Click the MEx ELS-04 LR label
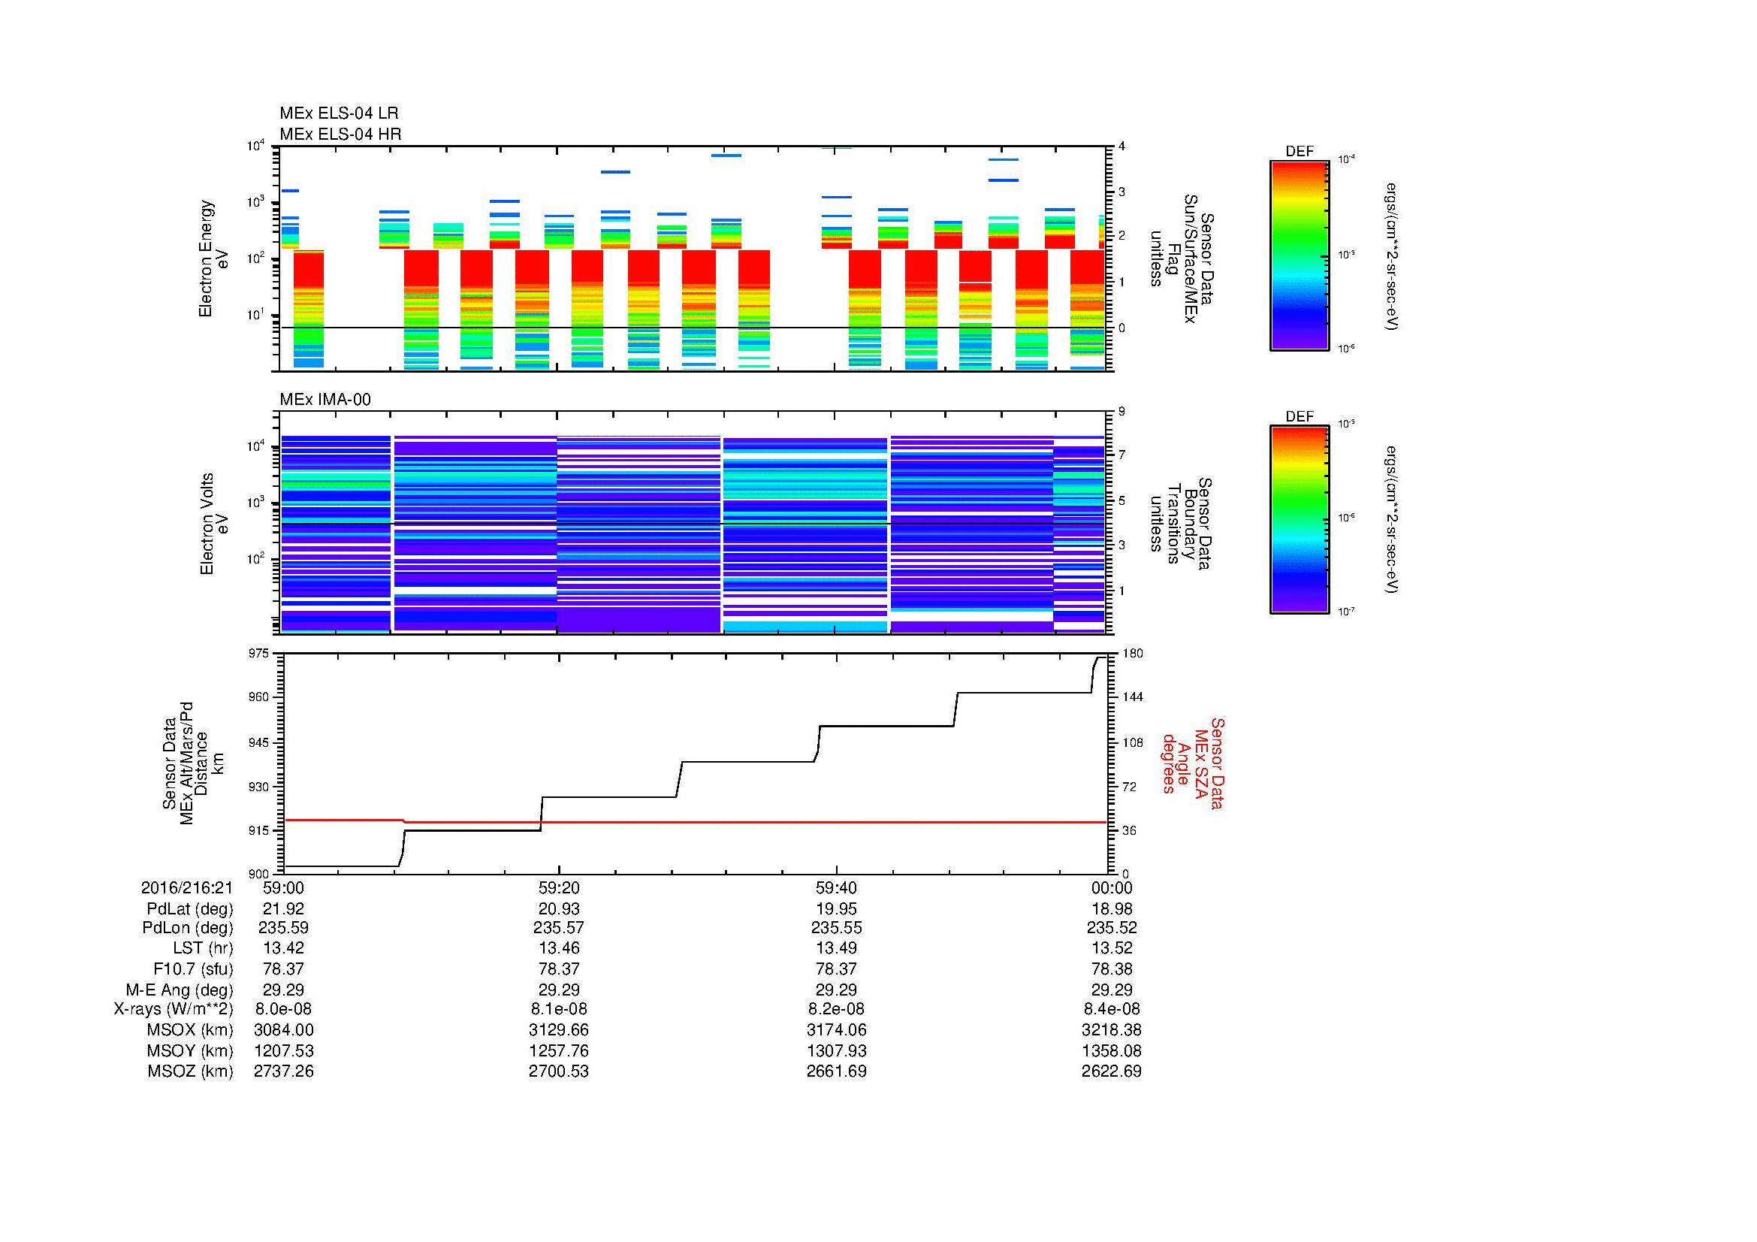[338, 113]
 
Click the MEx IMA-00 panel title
[325, 400]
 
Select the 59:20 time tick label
[559, 888]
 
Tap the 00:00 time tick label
[1111, 888]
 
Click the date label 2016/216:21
[187, 888]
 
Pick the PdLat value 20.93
[559, 909]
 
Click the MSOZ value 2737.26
[283, 1071]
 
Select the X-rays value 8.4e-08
[1111, 1010]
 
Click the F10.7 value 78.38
[1111, 969]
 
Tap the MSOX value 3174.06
[836, 1031]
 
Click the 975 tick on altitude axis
[259, 653]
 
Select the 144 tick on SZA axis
[1132, 697]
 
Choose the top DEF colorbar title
[1299, 152]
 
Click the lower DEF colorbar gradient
[1299, 521]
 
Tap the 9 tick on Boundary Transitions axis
[1122, 412]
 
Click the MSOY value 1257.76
[559, 1051]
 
